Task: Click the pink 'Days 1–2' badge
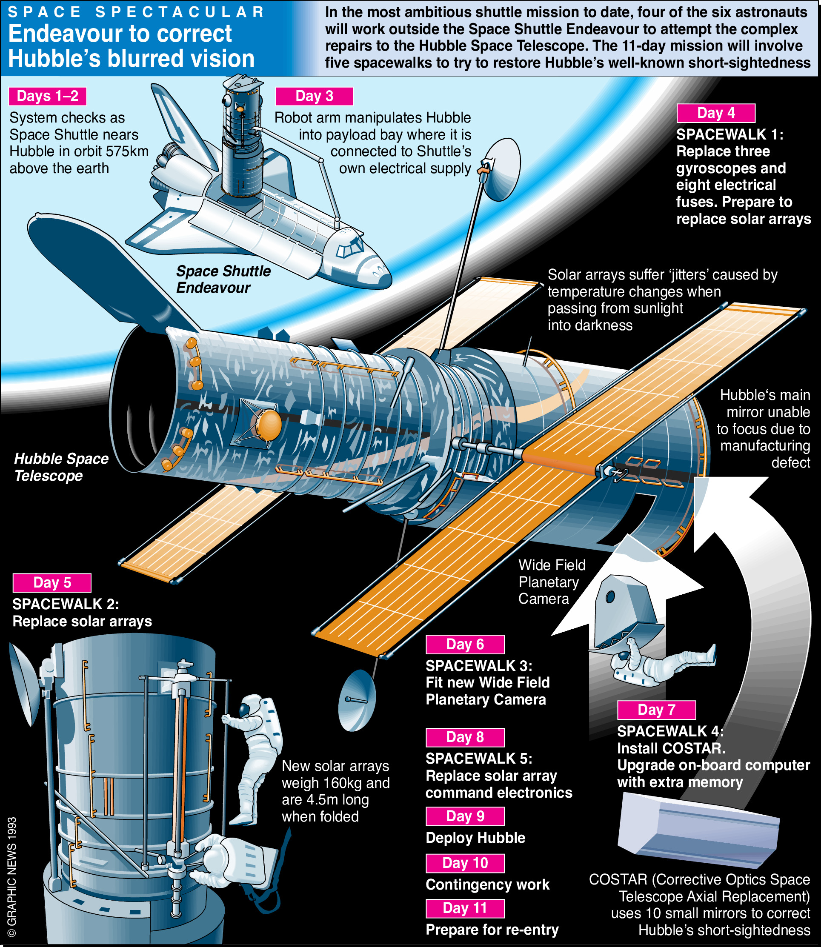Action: (x=47, y=96)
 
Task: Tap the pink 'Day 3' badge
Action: (x=314, y=96)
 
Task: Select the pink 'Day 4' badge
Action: (x=715, y=113)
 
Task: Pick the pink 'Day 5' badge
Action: (x=52, y=582)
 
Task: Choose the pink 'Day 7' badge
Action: (x=656, y=710)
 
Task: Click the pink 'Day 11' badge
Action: (x=465, y=908)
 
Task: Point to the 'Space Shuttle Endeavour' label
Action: (x=223, y=280)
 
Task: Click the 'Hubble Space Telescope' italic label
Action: (x=61, y=467)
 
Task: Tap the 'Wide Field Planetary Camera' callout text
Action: (x=551, y=582)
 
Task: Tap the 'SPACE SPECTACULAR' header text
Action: (x=136, y=12)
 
